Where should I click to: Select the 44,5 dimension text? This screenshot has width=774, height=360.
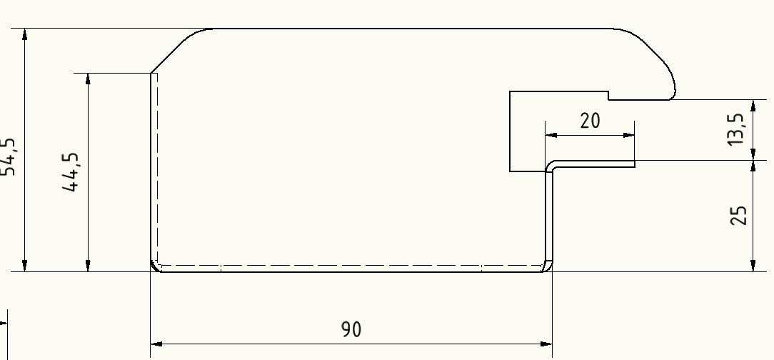[71, 173]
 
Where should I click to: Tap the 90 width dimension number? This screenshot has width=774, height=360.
[351, 329]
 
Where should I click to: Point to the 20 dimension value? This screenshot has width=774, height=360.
[590, 121]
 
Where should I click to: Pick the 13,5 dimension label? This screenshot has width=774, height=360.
[736, 129]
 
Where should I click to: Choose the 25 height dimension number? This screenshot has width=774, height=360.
[740, 215]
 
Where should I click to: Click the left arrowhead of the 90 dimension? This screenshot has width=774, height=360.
[156, 344]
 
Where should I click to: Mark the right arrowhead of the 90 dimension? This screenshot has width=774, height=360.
[547, 344]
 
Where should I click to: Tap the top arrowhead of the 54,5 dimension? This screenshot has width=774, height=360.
[25, 35]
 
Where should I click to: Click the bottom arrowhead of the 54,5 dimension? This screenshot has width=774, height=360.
[25, 266]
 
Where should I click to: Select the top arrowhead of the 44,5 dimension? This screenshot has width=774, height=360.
[88, 79]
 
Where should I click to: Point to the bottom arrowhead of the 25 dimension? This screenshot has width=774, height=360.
[753, 266]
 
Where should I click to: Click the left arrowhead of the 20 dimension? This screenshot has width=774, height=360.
[551, 134]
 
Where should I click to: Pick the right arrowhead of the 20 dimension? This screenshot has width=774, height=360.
[629, 134]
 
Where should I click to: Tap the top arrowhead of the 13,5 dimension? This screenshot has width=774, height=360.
[753, 105]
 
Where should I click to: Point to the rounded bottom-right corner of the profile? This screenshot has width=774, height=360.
[547, 266]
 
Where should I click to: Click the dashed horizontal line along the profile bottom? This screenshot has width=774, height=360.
[350, 265]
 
